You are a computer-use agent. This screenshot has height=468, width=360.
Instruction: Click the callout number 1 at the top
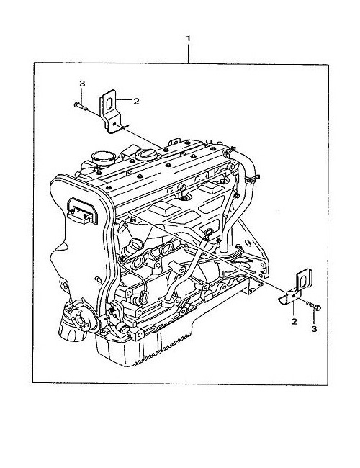pos(188,38)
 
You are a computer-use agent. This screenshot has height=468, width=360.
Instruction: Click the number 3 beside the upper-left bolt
pos(82,84)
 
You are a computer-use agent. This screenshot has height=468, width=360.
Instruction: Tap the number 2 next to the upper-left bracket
pos(136,102)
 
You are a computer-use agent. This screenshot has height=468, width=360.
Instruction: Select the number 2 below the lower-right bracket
pos(294,321)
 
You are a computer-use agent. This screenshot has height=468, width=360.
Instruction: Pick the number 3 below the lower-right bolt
pos(314,328)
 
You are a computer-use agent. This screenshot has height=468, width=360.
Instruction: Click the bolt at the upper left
pos(80,106)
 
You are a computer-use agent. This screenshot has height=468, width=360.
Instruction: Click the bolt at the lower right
pos(313,305)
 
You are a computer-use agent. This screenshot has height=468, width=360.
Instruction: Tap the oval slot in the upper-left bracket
pos(109,103)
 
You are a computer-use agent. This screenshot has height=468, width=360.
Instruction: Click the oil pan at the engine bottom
pos(167,337)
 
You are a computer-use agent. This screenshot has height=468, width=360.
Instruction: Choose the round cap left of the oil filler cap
pos(104,158)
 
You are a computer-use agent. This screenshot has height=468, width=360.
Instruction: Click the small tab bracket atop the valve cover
pos(175,141)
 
